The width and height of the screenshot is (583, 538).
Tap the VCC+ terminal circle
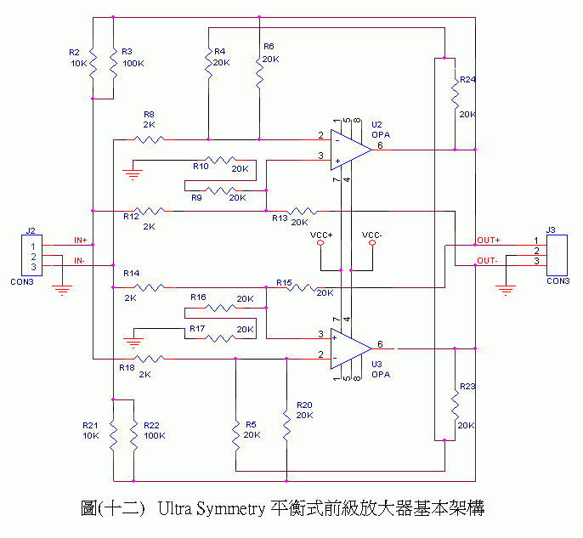pos(320,243)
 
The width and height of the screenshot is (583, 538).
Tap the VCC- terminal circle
pos(371,243)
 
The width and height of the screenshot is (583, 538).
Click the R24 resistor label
pos(467,80)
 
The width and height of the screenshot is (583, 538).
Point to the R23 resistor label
pos(467,387)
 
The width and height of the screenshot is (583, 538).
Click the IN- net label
pos(79,260)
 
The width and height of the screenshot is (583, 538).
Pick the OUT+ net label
pos(489,241)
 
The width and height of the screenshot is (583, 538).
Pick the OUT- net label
pos(487,260)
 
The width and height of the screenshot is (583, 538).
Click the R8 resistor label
pos(149,114)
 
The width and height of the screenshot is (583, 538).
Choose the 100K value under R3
pos(133,64)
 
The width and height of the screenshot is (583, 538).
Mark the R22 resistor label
pos(151,425)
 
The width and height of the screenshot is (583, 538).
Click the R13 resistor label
pos(280,218)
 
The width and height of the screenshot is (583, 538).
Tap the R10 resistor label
pos(201,166)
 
